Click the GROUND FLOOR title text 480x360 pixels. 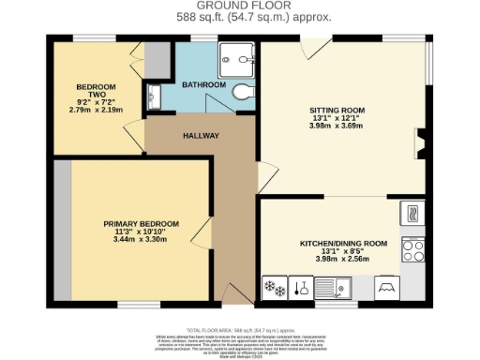[240, 6]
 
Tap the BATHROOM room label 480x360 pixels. [203, 85]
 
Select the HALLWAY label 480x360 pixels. [201, 136]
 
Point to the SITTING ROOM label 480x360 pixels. [337, 110]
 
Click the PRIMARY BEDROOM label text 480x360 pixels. [141, 222]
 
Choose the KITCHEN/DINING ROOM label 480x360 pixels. [342, 244]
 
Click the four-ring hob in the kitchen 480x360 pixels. [412, 248]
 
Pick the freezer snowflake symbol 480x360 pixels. [274, 287]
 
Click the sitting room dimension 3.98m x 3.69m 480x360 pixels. [337, 127]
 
